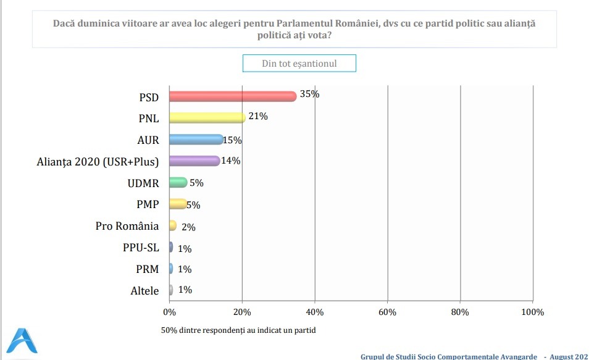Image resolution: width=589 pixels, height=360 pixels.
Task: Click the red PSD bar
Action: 232,96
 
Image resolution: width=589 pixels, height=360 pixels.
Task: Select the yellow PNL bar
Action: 207,118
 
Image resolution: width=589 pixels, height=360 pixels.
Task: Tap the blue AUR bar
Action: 196,140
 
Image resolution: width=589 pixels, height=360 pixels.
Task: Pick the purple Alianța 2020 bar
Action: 194,161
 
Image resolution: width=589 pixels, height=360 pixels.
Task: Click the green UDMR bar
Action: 178,182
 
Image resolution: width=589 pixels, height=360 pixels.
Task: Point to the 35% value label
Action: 309,94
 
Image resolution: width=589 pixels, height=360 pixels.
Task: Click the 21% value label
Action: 258,116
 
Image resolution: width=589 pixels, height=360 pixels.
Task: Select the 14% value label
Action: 231,161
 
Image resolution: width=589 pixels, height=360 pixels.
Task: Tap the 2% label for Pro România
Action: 188,227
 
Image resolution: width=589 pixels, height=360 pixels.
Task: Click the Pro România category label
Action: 127,226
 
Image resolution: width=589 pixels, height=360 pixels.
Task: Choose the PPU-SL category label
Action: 141,248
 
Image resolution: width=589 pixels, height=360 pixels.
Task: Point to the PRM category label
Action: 147,269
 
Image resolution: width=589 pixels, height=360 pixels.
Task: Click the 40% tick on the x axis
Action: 314,312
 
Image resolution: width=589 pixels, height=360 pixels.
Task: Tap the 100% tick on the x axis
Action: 532,312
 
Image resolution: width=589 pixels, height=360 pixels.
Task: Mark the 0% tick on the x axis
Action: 169,312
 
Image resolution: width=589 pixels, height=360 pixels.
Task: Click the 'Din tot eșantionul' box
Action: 299,64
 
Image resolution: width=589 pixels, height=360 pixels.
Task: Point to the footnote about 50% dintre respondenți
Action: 238,330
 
